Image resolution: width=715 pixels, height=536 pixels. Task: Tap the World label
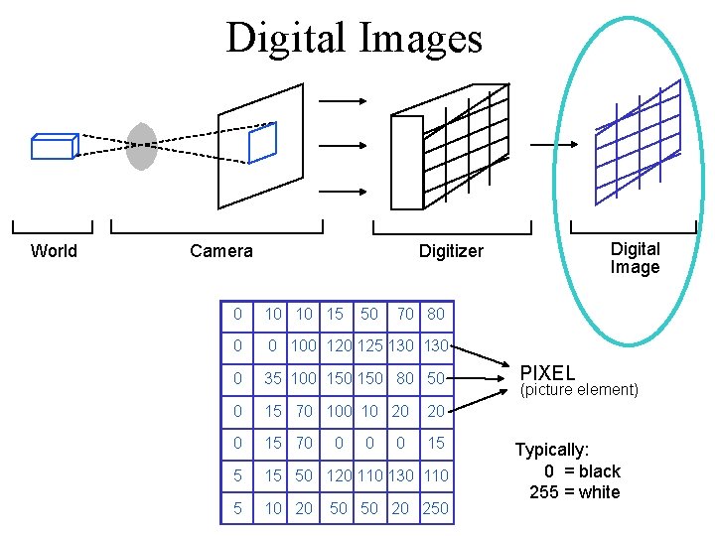[54, 251]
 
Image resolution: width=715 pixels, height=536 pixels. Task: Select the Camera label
[221, 251]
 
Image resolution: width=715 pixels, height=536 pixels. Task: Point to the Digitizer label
[451, 251]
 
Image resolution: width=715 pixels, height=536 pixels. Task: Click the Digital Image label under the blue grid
[635, 258]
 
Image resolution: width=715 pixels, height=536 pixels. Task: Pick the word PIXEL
[547, 373]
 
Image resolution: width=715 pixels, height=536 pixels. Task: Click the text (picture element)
[580, 390]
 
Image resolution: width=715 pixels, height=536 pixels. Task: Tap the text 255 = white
[574, 492]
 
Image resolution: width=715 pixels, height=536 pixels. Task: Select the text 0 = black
[582, 471]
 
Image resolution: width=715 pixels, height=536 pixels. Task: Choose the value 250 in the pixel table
[435, 509]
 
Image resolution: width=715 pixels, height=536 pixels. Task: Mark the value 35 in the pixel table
[272, 378]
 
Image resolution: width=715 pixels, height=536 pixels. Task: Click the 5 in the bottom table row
[235, 509]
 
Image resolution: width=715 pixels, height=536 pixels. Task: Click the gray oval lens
[142, 146]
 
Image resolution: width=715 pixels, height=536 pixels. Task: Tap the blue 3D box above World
[54, 146]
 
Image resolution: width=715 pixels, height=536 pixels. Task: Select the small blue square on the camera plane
[262, 142]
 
